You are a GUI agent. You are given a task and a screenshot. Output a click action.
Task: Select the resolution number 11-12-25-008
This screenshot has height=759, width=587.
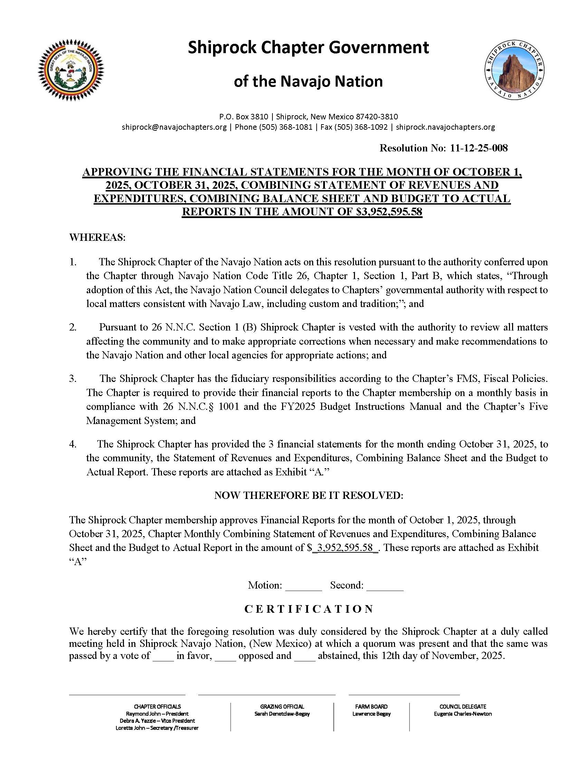(479, 148)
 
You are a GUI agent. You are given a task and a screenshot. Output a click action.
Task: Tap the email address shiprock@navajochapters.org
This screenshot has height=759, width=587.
(174, 127)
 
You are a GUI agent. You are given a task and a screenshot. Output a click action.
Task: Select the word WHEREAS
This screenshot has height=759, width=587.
(97, 238)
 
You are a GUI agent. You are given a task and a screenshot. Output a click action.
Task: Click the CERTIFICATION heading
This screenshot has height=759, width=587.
(309, 609)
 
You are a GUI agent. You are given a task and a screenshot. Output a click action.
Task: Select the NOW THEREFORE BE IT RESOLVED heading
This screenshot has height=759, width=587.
(309, 495)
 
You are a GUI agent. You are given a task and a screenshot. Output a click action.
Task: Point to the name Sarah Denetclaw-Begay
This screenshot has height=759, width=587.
(282, 714)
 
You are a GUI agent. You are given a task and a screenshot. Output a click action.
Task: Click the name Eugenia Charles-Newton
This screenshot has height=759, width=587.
(462, 714)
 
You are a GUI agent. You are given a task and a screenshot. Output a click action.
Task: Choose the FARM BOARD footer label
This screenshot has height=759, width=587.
(371, 707)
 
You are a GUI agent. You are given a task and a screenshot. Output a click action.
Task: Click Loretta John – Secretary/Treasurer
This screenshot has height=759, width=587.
(157, 728)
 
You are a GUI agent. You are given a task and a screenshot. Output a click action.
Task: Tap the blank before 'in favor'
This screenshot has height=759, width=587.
(163, 656)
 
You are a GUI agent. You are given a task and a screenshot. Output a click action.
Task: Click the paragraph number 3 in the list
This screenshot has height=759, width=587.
(72, 379)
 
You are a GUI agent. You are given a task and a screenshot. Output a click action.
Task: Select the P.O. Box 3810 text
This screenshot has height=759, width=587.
(243, 117)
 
